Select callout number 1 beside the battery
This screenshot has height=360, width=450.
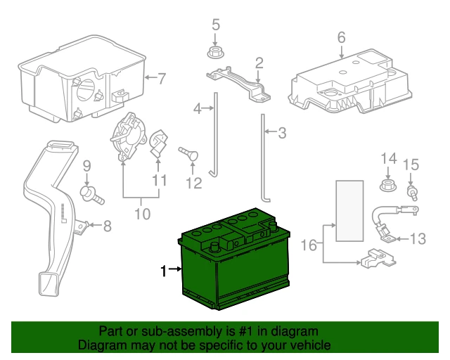pyautogui.click(x=165, y=271)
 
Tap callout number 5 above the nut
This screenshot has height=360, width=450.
pyautogui.click(x=216, y=26)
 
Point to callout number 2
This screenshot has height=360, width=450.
pyautogui.click(x=259, y=63)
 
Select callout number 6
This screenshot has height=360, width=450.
pyautogui.click(x=341, y=37)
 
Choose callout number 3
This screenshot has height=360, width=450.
pyautogui.click(x=283, y=132)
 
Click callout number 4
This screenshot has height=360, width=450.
pyautogui.click(x=198, y=108)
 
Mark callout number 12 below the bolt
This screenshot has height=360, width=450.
pyautogui.click(x=193, y=184)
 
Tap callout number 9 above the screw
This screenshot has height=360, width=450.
pyautogui.click(x=87, y=167)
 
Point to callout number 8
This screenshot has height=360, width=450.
pyautogui.click(x=108, y=226)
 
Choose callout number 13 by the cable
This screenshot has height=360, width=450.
pyautogui.click(x=418, y=239)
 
